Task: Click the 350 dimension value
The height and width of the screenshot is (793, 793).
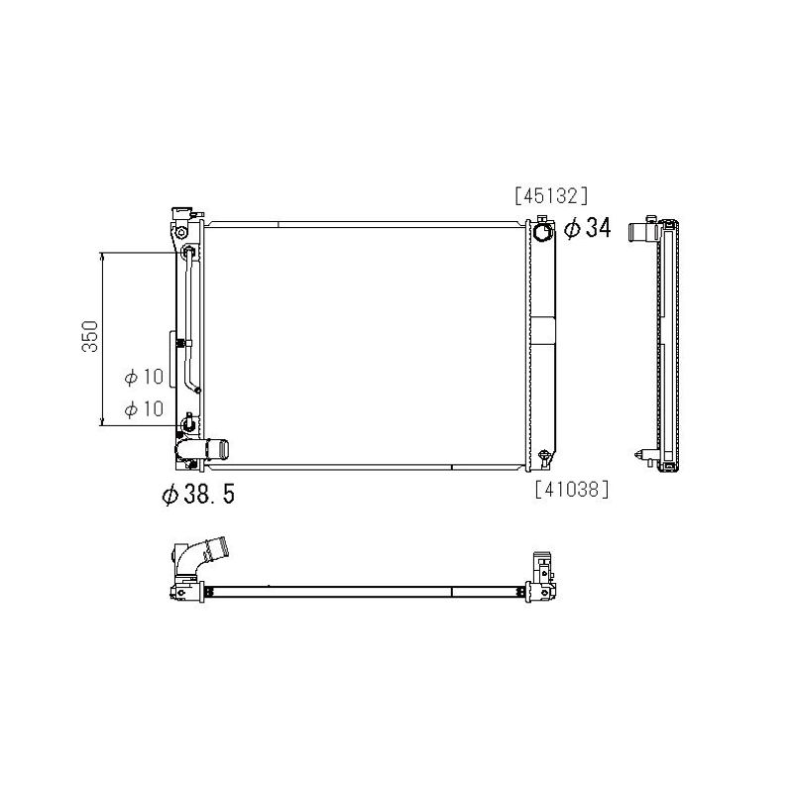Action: click(90, 336)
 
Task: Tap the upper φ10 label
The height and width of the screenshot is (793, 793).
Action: click(144, 377)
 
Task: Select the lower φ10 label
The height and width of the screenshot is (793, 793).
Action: click(144, 408)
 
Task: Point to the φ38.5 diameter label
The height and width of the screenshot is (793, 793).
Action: click(198, 494)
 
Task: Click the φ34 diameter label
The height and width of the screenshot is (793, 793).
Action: click(587, 228)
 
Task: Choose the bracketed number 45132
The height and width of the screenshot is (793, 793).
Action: click(551, 195)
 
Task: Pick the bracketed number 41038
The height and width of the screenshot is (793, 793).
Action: click(572, 489)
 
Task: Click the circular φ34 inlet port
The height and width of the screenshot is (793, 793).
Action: click(541, 232)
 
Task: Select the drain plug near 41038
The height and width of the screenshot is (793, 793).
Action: click(544, 457)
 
